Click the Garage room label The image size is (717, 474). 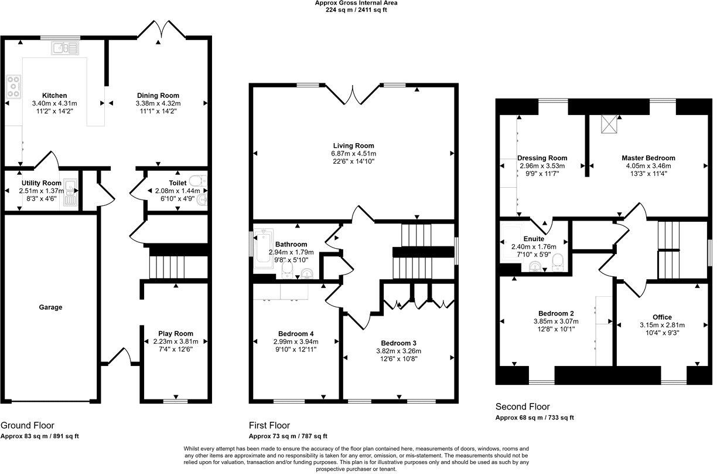point(50,307)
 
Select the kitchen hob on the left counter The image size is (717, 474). point(13,86)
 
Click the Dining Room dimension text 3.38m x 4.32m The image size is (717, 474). point(158,103)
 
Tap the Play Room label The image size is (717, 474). point(176,334)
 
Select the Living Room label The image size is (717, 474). point(353,145)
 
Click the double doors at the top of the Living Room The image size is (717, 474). point(353,94)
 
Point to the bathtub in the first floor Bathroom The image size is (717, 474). point(260,252)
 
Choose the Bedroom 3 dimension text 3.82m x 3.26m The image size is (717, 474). point(398,351)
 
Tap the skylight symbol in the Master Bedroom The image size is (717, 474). point(609,124)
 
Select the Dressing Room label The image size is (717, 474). point(542,158)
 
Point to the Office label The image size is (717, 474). point(662,317)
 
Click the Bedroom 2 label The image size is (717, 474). point(556,313)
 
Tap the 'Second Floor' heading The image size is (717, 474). point(523,407)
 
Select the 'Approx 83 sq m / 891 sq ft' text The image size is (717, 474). point(40,436)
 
